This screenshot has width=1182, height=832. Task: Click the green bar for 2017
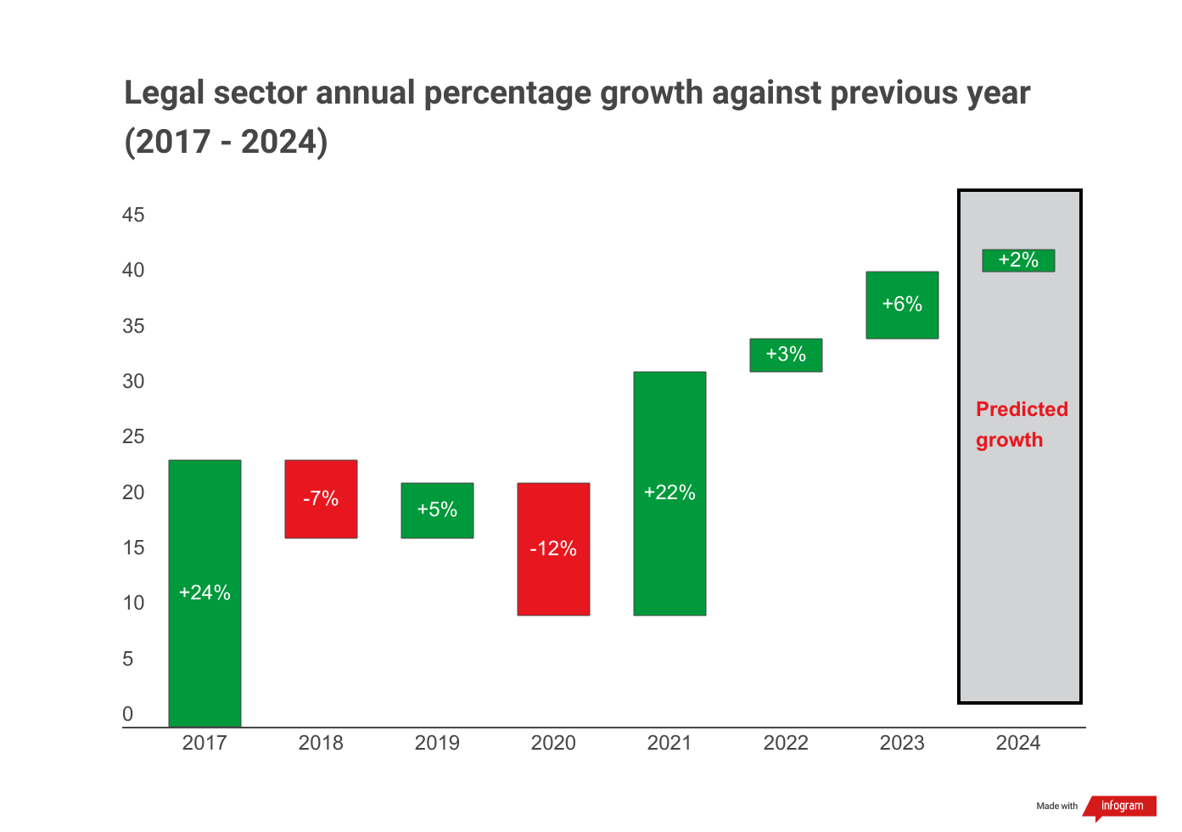[x=204, y=593]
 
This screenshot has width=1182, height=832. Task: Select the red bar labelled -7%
[x=321, y=498]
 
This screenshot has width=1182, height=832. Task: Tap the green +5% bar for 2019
[x=437, y=510]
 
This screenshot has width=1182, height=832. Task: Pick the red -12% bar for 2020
[x=553, y=548]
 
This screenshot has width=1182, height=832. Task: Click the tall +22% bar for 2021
[x=669, y=493]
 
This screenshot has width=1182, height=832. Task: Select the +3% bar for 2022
[x=786, y=355]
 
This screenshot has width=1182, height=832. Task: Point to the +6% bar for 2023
[x=902, y=305]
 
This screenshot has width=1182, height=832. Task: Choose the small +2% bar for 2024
[x=1018, y=261]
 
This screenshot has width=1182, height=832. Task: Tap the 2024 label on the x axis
[x=1018, y=744]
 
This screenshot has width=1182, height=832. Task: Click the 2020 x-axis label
[x=553, y=744]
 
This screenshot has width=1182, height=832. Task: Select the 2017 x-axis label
[x=204, y=744]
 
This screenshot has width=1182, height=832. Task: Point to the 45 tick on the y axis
[x=133, y=215]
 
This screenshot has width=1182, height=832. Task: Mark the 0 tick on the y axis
[x=128, y=714]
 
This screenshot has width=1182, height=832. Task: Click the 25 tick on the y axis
[x=133, y=436]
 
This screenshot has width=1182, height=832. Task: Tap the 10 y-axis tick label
[x=133, y=603]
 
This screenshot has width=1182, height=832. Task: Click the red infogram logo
[x=1121, y=807]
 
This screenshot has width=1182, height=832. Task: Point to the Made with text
[x=1056, y=807]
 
